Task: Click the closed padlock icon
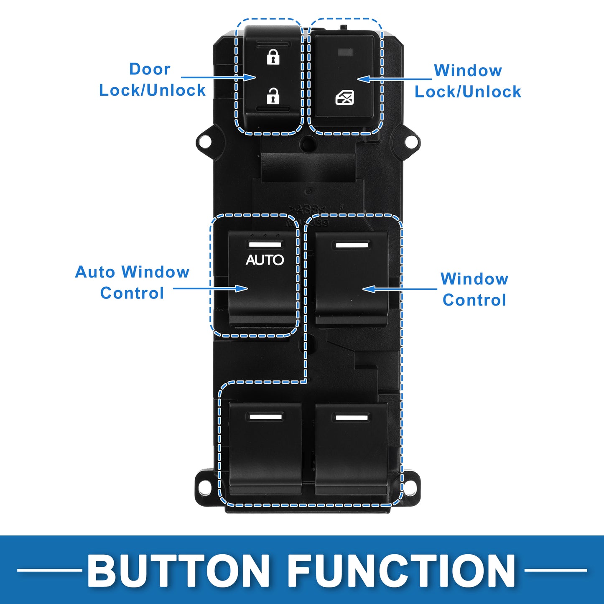click(x=273, y=58)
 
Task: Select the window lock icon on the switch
click(x=344, y=97)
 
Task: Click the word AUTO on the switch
click(x=265, y=260)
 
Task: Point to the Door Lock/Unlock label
click(x=152, y=79)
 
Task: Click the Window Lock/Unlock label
click(x=468, y=81)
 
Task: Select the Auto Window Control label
click(x=132, y=283)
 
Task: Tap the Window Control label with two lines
click(x=474, y=289)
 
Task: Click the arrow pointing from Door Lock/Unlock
click(x=219, y=77)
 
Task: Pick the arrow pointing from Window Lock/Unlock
click(x=395, y=79)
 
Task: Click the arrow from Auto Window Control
click(x=211, y=288)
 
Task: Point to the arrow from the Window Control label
click(x=400, y=289)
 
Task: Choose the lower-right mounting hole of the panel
click(x=408, y=486)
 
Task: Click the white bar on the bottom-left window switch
click(x=265, y=417)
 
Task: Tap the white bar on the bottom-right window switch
click(x=352, y=418)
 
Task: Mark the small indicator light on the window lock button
click(x=346, y=52)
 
